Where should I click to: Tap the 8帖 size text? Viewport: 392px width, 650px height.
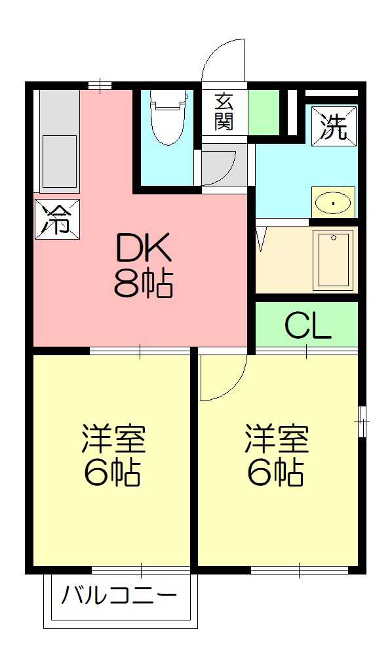tap(144, 284)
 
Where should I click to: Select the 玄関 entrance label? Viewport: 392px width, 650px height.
tap(224, 112)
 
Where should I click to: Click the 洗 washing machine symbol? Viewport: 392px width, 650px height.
tap(334, 126)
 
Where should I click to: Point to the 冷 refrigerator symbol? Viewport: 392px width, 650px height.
tap(57, 219)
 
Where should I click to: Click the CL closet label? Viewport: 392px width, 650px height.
tap(307, 325)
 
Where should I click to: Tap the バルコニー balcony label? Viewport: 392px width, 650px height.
tap(119, 597)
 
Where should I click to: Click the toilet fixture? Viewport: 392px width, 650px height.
tap(168, 118)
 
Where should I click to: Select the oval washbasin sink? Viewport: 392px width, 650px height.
tap(334, 203)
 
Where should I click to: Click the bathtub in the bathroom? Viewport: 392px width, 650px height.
tap(334, 260)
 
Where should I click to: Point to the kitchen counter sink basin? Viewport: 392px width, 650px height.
tap(59, 161)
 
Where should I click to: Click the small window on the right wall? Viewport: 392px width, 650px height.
tap(363, 420)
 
